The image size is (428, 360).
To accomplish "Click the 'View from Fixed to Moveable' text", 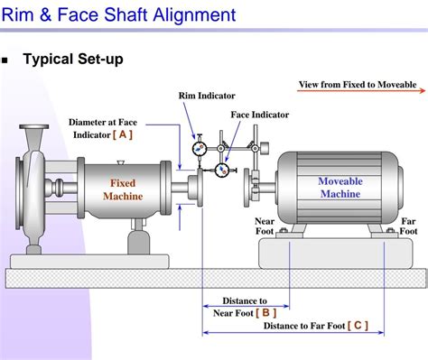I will click(x=358, y=85).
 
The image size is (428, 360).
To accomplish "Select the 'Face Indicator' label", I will click(x=259, y=115).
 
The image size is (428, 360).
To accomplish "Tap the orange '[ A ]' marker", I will click(x=123, y=134).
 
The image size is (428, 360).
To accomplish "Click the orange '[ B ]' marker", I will click(x=266, y=312).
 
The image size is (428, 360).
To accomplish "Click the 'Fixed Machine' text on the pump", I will click(x=123, y=189).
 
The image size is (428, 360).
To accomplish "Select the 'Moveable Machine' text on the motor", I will click(x=340, y=188).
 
